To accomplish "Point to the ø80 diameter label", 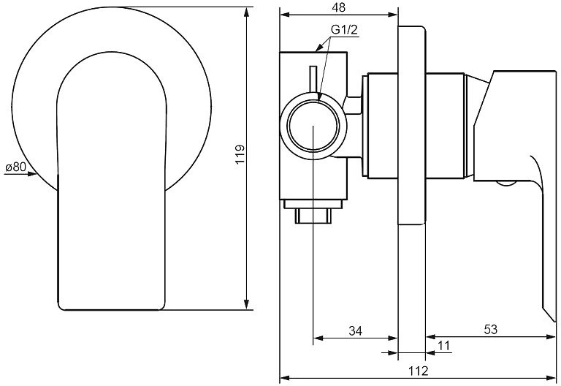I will click(15, 167).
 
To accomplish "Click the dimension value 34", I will click(355, 330).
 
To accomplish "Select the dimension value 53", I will click(490, 330).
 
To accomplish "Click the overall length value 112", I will click(418, 371).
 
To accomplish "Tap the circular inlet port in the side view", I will click(312, 126).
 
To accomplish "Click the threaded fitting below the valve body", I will click(314, 214).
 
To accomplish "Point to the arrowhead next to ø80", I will click(31, 174).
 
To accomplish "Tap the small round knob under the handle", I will click(505, 183).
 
